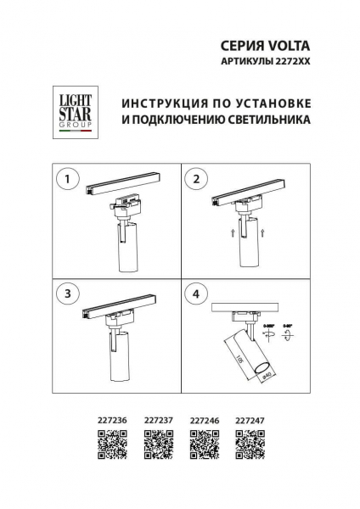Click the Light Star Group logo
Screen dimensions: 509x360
point(76,114)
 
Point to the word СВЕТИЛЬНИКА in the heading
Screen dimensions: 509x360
point(265,120)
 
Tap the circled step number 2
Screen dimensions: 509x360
point(197,179)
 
